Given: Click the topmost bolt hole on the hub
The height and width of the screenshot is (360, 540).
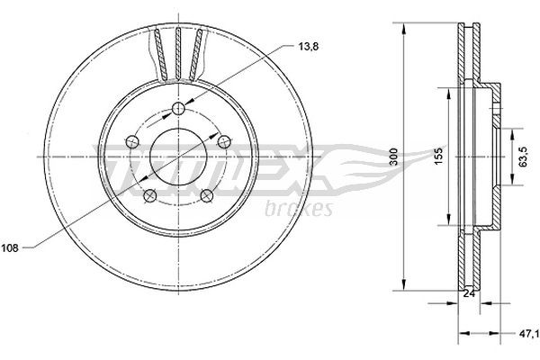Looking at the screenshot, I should [176, 108].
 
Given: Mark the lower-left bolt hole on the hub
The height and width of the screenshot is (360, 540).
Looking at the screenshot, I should [149, 193].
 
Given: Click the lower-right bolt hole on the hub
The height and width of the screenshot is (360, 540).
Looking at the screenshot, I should [205, 193].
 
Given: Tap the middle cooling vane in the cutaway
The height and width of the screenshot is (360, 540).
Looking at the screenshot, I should [176, 49].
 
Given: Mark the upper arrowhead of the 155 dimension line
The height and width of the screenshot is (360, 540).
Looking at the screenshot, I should [446, 91].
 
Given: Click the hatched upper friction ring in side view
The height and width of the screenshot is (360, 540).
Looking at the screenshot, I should [465, 54].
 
